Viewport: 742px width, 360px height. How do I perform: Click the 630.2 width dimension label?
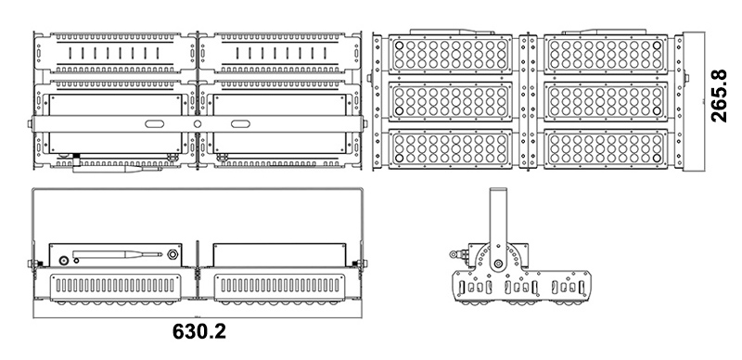198,332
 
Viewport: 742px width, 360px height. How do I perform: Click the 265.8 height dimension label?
718,97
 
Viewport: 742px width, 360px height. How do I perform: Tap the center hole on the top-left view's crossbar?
197,123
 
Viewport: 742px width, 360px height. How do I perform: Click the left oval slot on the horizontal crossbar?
154,123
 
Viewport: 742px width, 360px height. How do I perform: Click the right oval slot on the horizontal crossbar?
239,123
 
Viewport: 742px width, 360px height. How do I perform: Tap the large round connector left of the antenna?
63,261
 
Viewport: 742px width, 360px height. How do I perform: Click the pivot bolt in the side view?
498,263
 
